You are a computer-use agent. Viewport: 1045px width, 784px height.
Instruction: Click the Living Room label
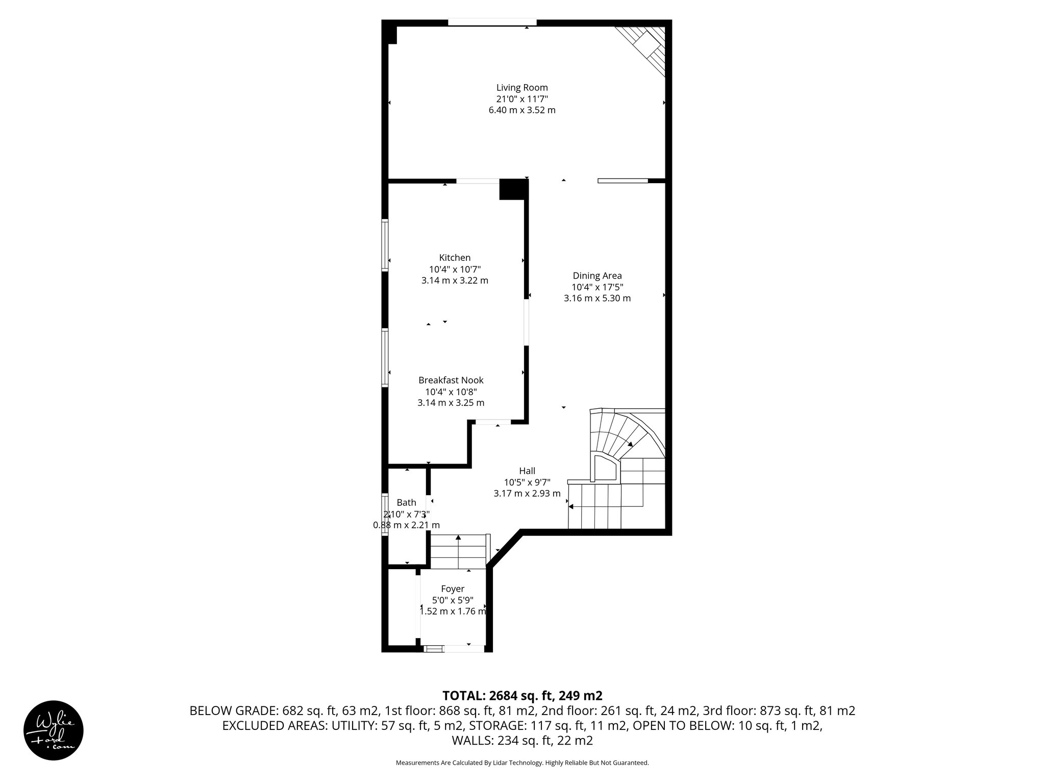[x=522, y=87]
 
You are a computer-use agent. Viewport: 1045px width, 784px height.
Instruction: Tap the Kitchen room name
[x=455, y=258]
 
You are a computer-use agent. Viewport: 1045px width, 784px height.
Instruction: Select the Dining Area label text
[x=597, y=276]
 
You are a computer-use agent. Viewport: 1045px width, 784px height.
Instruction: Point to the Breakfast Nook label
[x=451, y=380]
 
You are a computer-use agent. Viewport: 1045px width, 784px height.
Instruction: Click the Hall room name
[x=527, y=471]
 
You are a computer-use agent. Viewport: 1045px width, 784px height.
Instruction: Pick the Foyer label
[x=453, y=589]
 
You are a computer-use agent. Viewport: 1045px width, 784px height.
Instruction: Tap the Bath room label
[x=406, y=503]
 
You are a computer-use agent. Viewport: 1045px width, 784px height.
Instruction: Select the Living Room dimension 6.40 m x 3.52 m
[x=522, y=110]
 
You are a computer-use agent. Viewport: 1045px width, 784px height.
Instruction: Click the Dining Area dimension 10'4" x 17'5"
[x=597, y=287]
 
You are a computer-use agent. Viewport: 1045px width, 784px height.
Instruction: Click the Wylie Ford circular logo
[x=54, y=730]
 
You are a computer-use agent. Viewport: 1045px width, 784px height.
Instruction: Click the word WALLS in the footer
[x=469, y=741]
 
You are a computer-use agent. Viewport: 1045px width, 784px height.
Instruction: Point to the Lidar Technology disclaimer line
[x=522, y=777]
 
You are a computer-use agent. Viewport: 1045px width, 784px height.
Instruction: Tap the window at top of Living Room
[x=492, y=22]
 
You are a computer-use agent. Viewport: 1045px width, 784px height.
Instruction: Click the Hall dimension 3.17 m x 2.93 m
[x=527, y=494]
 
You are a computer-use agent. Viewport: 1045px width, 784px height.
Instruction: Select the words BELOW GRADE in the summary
[x=233, y=710]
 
